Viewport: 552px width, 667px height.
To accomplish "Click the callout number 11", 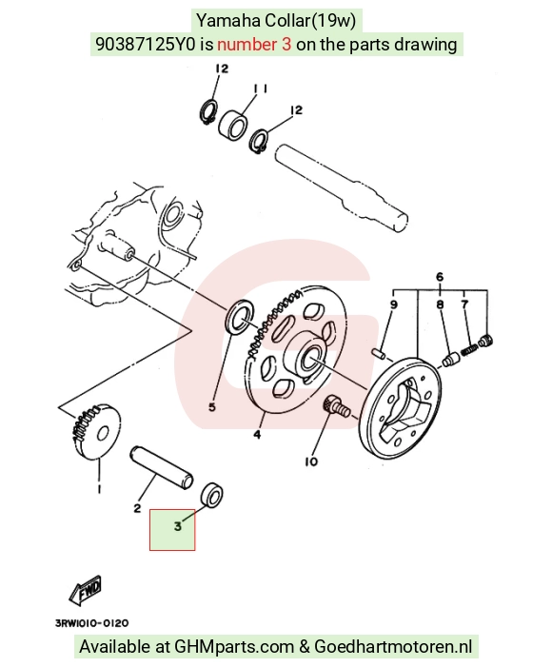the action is coord(260,88).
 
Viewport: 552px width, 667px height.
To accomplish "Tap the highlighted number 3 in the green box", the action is coord(178,526).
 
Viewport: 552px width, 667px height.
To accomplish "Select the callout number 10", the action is coord(311,461).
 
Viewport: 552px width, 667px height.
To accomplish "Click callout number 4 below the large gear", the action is coord(257,434).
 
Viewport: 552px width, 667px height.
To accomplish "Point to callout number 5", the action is coord(212,407).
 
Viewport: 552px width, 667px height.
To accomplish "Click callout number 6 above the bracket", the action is coord(440,277).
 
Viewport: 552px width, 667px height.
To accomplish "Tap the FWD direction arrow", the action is coord(85,591).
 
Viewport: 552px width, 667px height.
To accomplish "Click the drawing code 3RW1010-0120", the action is coord(91,623).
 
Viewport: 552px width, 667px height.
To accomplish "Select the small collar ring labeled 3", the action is coord(211,495).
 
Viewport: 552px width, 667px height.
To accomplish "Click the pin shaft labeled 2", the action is coord(161,466).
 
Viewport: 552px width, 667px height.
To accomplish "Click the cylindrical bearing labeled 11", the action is coord(233,124).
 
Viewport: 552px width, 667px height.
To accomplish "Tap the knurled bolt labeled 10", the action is coord(336,406).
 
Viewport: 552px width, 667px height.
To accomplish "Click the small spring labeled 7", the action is coord(469,350).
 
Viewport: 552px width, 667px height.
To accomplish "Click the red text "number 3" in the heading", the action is coord(254,44).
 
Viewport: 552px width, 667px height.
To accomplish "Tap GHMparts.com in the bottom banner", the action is coord(234,647).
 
